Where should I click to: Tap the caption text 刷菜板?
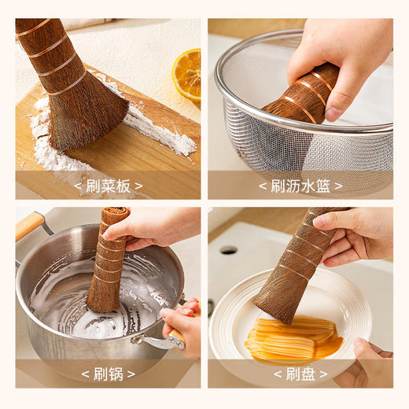tap(109, 186)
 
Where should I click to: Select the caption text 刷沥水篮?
tap(300, 186)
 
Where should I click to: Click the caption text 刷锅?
tap(109, 374)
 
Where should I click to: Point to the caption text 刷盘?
tap(300, 374)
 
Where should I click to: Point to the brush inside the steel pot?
tap(109, 263)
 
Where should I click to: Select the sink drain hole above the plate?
tap(229, 250)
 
